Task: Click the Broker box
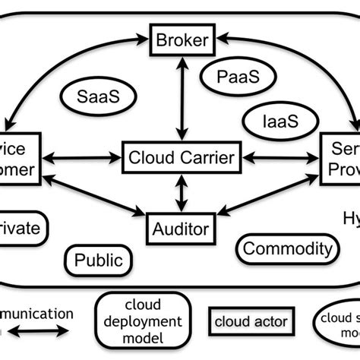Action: [x=182, y=39]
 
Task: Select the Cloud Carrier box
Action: [x=182, y=158]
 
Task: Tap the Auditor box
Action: [x=182, y=226]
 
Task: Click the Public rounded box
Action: [x=98, y=261]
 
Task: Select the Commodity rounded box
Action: [x=287, y=249]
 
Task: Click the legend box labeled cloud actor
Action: [x=251, y=321]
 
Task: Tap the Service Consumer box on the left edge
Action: [x=19, y=158]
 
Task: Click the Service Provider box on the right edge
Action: [x=340, y=158]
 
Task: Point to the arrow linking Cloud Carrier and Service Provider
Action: [x=280, y=158]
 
